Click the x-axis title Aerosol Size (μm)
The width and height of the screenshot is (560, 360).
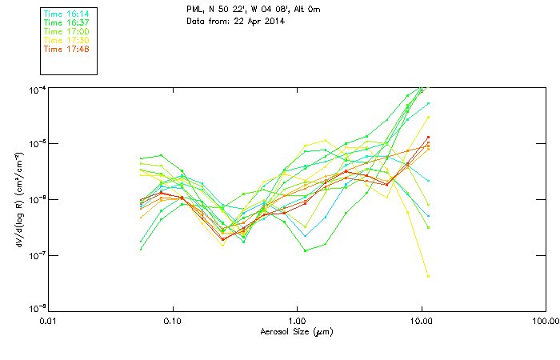(296, 332)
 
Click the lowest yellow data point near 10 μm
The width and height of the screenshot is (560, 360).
(429, 276)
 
